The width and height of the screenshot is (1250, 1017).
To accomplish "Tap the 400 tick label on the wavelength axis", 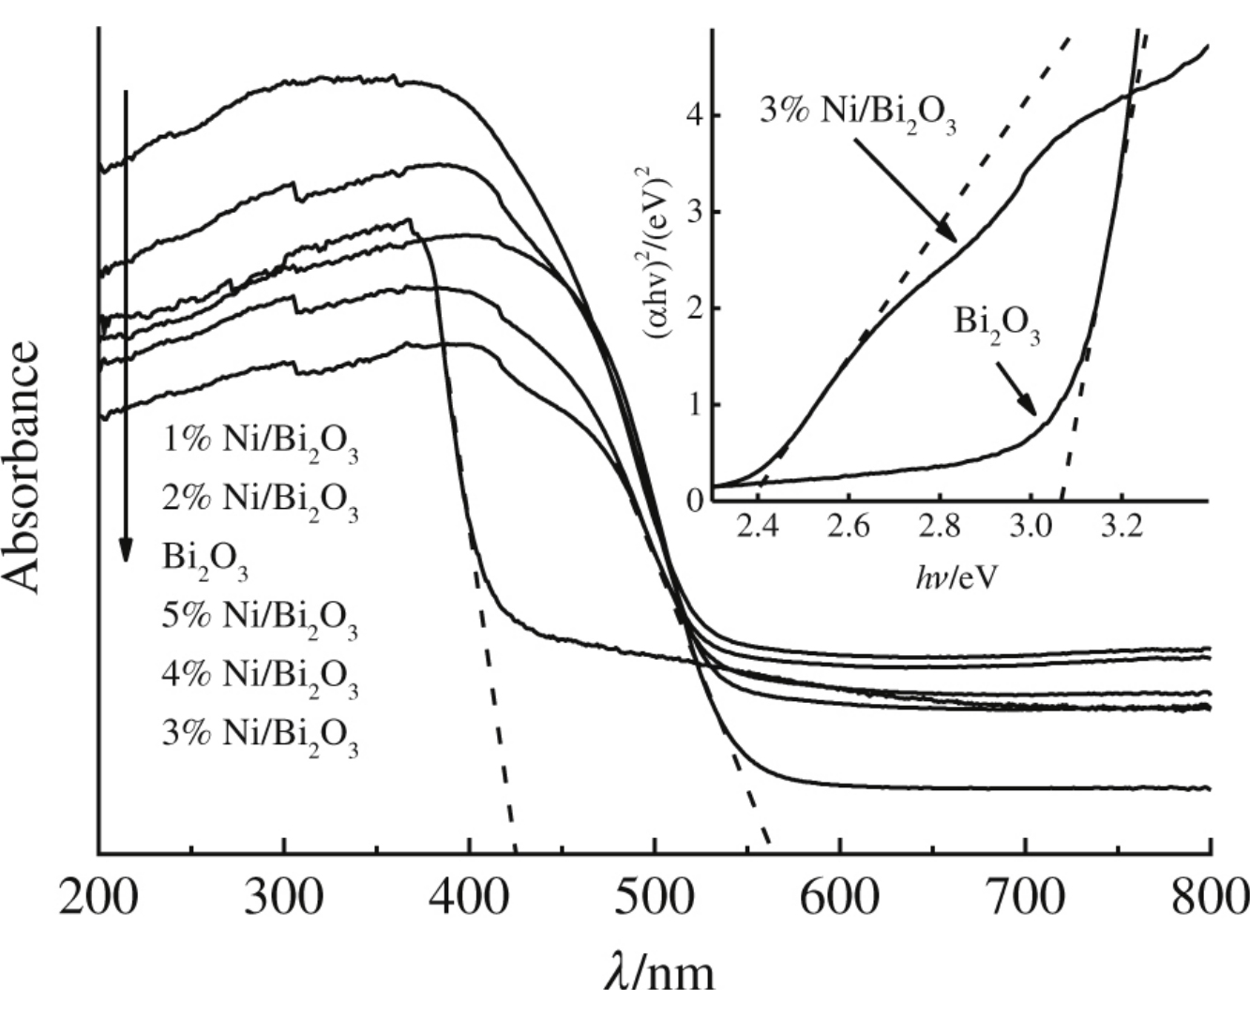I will pyautogui.click(x=470, y=898).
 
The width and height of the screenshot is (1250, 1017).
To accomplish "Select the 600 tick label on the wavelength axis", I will pyautogui.click(x=840, y=898).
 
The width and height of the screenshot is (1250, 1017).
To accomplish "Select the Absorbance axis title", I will pyautogui.click(x=26, y=467).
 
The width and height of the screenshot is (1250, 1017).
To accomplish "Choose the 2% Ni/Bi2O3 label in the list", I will pyautogui.click(x=260, y=501).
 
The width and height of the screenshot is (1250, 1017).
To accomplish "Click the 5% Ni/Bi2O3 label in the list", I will pyautogui.click(x=260, y=619).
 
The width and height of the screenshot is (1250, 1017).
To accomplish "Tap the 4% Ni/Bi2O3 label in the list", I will pyautogui.click(x=260, y=677).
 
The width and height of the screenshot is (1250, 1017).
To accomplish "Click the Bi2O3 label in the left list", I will pyautogui.click(x=205, y=560).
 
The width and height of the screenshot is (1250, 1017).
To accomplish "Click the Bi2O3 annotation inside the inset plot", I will pyautogui.click(x=997, y=324).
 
